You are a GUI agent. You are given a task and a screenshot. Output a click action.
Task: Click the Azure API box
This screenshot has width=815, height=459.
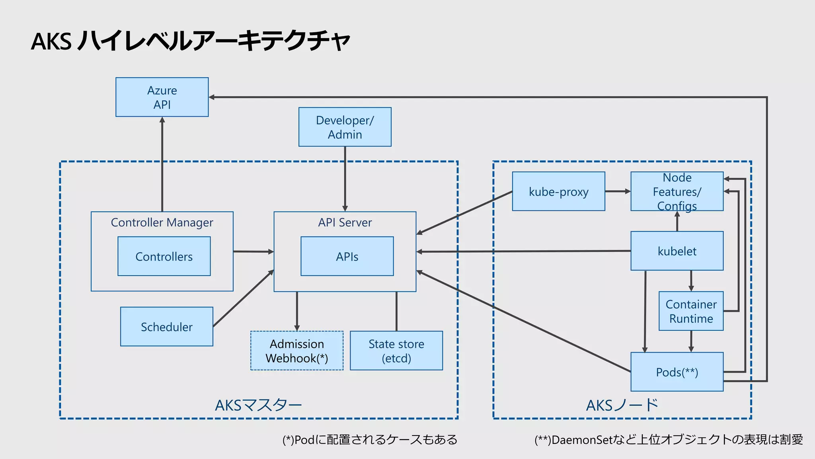pos(162,97)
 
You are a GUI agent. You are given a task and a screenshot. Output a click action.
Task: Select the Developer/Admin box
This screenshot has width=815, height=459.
pos(345,127)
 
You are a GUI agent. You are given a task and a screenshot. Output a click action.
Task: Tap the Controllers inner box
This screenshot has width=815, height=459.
pos(164,256)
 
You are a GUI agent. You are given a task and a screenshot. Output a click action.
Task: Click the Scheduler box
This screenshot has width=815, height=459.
pos(166,327)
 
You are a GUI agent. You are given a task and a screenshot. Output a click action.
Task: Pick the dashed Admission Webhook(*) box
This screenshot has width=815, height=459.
pos(296,351)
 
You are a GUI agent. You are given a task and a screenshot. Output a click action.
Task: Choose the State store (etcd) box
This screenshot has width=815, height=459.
pos(396,351)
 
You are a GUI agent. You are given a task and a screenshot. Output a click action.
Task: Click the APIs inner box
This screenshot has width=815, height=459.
pos(347,256)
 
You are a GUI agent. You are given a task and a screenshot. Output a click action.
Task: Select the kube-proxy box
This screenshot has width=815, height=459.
pos(558,191)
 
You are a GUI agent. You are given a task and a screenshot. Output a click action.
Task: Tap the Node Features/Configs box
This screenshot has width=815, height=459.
pos(677,191)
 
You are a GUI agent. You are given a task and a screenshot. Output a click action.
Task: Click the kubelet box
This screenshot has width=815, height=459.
pos(677,251)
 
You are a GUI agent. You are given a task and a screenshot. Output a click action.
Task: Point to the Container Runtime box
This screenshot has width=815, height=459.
pos(691,311)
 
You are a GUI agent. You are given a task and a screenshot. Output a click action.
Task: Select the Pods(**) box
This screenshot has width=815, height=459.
pos(677,372)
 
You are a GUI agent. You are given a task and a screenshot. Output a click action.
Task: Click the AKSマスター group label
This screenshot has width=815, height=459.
pos(258,405)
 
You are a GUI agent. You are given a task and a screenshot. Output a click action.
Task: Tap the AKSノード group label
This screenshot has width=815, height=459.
pos(622,405)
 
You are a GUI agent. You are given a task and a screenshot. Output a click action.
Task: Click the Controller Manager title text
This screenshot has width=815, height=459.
pos(162,222)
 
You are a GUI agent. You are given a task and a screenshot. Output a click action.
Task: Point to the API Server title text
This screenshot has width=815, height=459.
pos(345,222)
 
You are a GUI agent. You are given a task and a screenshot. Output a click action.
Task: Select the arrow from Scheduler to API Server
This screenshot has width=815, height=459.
pos(243,299)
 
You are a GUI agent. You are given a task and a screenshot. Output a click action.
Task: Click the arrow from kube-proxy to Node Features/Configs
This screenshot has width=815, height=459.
pos(617,191)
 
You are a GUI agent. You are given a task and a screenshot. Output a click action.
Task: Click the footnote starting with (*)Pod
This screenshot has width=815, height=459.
pos(370,440)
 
